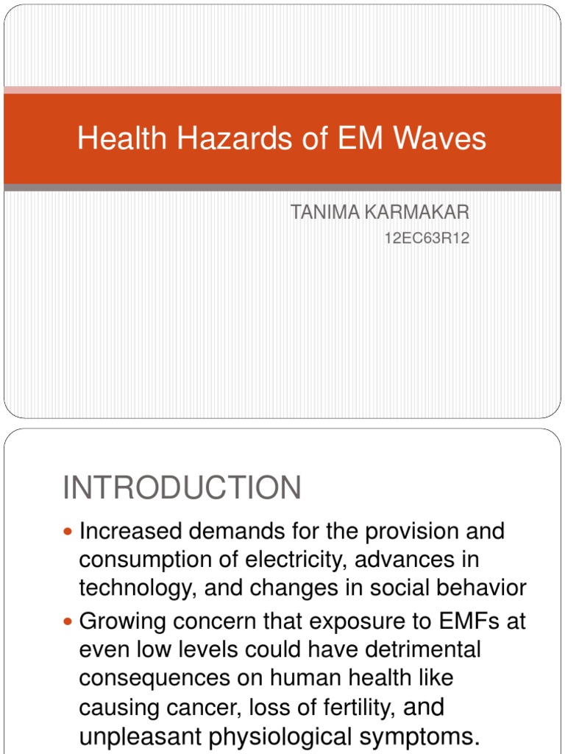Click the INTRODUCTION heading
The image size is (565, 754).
[x=182, y=488]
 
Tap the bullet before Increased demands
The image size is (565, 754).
[x=69, y=531]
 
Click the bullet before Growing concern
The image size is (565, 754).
[x=69, y=621]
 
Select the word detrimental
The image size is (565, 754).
[x=416, y=650]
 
